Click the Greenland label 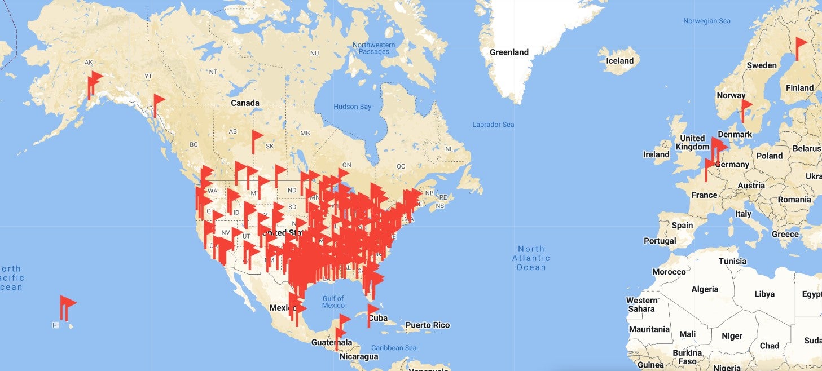point(509,52)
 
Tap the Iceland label point(619,61)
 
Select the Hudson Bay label point(352,107)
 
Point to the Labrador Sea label point(493,124)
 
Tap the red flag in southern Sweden point(745,107)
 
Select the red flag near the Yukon point(159,101)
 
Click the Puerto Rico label point(427,325)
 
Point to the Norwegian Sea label point(706,21)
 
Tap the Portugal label point(660,241)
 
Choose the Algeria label point(705,289)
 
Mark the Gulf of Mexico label point(333,302)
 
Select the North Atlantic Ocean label point(531,258)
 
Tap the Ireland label point(656,154)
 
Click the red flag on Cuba point(372,311)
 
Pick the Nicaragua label point(359,356)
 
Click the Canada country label point(245,103)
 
